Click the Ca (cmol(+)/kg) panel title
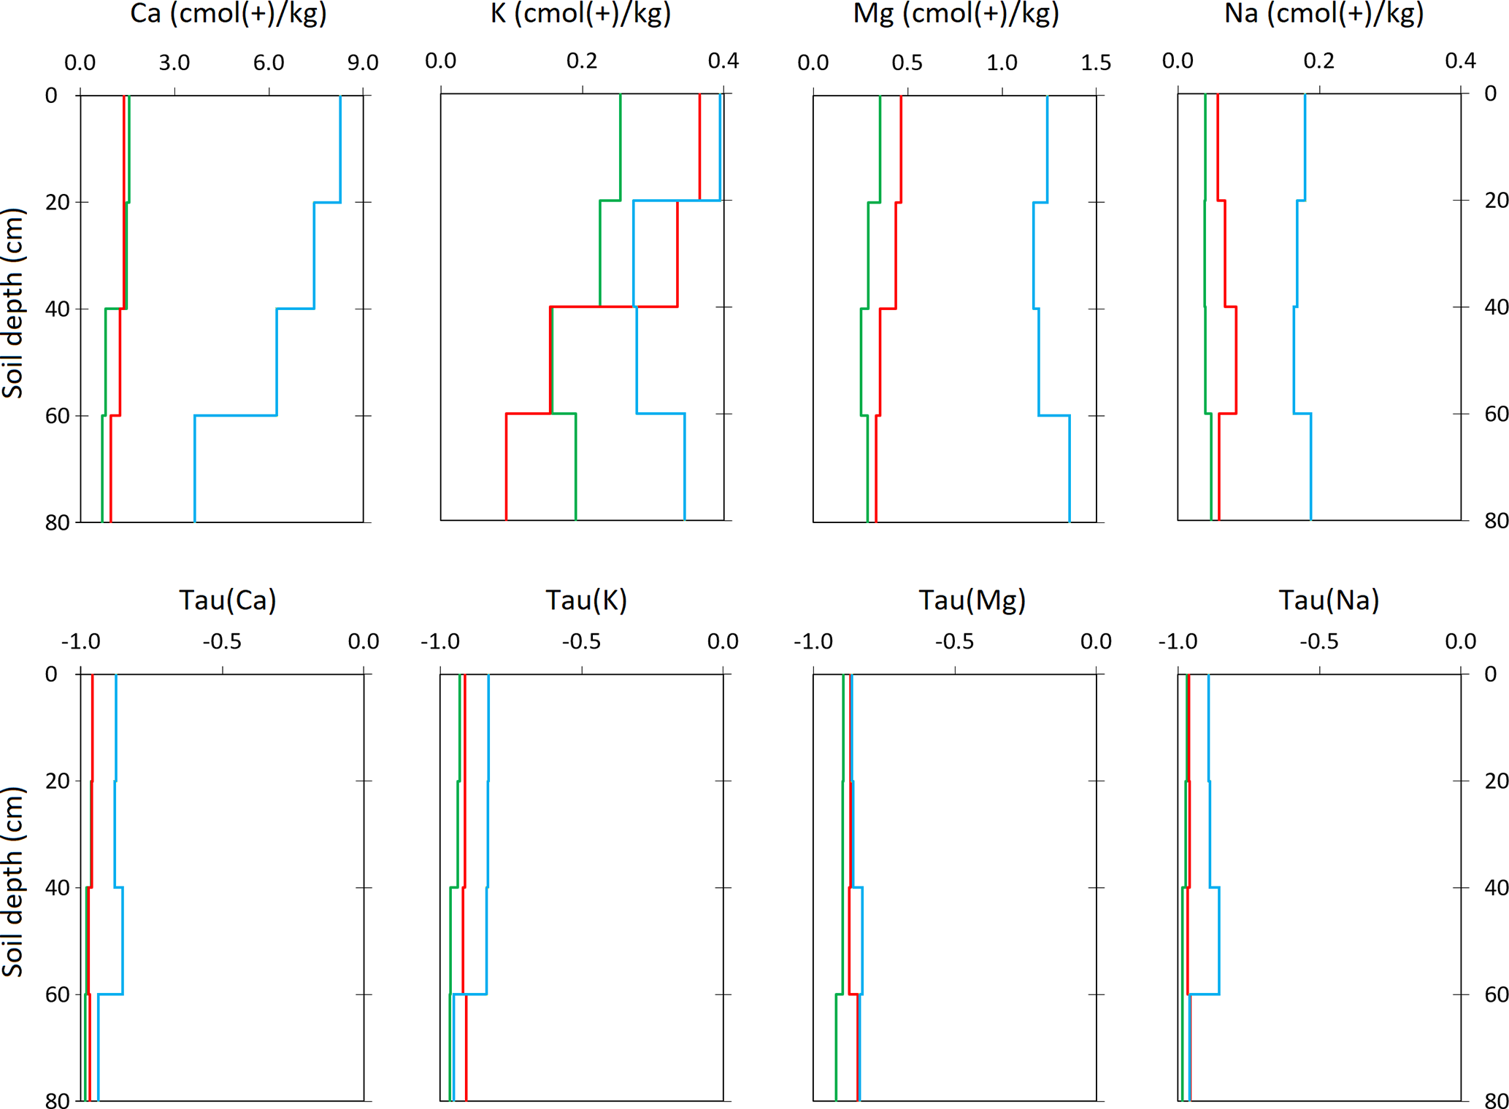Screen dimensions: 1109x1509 pyautogui.click(x=228, y=13)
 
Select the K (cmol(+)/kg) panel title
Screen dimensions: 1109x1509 pyautogui.click(x=580, y=13)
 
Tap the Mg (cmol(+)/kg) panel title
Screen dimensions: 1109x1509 pyautogui.click(x=956, y=13)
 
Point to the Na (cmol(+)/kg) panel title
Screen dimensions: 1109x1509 pyautogui.click(x=1324, y=13)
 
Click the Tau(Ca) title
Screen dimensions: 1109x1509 pyautogui.click(x=228, y=600)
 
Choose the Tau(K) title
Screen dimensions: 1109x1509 pyautogui.click(x=586, y=600)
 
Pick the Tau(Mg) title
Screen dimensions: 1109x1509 pyautogui.click(x=972, y=600)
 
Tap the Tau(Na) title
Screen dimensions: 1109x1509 pyautogui.click(x=1329, y=600)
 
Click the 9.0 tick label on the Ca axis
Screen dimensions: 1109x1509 pyautogui.click(x=363, y=63)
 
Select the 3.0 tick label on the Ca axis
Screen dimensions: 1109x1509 pyautogui.click(x=174, y=63)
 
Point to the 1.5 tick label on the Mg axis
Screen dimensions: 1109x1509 pyautogui.click(x=1096, y=63)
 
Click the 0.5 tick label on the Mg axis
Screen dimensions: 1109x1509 pyautogui.click(x=907, y=63)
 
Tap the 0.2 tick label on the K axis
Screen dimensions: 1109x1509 pyautogui.click(x=582, y=61)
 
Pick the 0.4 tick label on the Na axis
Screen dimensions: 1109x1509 pyautogui.click(x=1460, y=61)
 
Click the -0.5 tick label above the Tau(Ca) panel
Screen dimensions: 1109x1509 pyautogui.click(x=222, y=641)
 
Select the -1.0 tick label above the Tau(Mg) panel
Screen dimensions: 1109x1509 pyautogui.click(x=813, y=641)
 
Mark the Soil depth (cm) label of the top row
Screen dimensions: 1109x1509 pyautogui.click(x=13, y=303)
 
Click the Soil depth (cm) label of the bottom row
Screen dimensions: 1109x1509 pyautogui.click(x=13, y=881)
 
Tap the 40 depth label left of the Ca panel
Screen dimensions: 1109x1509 pyautogui.click(x=58, y=309)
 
